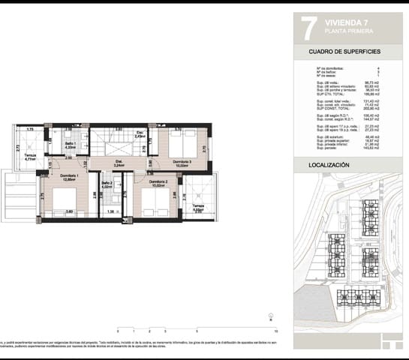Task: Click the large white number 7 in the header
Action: (305, 28)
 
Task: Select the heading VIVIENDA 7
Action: (346, 22)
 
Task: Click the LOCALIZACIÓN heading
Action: (329, 163)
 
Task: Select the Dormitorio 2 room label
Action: (158, 182)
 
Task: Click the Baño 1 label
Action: (70, 144)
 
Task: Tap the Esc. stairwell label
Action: (140, 134)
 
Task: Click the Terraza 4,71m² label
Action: (30, 157)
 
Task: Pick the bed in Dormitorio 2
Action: (157, 200)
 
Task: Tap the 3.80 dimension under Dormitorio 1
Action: (68, 212)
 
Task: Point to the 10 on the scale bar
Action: (277, 330)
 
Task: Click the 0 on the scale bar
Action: (118, 330)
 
